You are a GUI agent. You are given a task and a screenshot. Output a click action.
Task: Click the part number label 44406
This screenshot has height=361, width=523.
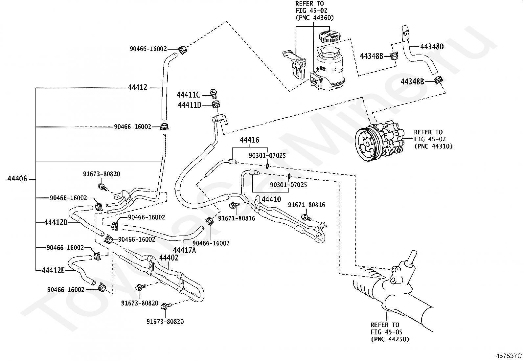[17, 179]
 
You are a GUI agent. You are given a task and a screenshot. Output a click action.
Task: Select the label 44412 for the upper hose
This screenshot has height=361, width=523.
[138, 87]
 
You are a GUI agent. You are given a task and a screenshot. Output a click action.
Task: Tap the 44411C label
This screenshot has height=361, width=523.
[189, 95]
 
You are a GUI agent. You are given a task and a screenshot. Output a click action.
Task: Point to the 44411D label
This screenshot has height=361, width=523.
[190, 105]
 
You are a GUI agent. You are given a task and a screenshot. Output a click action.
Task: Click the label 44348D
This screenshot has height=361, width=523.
[432, 47]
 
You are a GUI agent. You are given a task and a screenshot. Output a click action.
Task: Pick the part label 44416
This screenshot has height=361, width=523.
[250, 140]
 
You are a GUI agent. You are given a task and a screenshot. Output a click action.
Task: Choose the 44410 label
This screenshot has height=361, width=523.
[271, 199]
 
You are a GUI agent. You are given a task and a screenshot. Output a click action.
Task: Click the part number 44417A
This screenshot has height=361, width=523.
[184, 250]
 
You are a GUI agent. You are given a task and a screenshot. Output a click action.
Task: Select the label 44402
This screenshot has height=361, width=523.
[169, 258]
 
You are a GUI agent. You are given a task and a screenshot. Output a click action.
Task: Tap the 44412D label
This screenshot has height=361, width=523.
[56, 222]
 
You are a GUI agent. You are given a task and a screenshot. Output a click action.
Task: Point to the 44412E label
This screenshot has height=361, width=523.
[53, 271]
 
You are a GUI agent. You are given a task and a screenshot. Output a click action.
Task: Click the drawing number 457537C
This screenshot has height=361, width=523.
[509, 356]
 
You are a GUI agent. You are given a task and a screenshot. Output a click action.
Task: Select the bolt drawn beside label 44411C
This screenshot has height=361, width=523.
[214, 94]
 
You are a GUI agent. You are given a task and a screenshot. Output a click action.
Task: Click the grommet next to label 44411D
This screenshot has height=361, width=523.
[216, 104]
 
